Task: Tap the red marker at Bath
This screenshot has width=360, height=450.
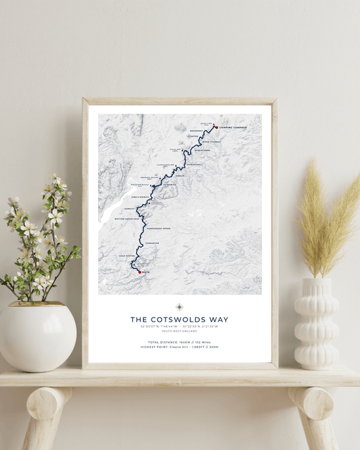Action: tap(139, 272)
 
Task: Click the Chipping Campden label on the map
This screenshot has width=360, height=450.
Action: tap(232, 127)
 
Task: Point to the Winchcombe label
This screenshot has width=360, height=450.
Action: tap(202, 151)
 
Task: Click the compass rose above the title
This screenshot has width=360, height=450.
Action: tap(180, 307)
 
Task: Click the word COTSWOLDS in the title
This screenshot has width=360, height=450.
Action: tap(180, 320)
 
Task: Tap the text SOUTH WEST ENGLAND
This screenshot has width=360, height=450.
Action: tap(180, 332)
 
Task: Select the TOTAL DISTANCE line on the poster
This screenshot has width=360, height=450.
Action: tap(180, 342)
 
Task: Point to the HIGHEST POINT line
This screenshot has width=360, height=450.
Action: tap(180, 347)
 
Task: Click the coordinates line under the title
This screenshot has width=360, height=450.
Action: tap(180, 326)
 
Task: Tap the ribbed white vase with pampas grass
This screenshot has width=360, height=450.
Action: tap(316, 324)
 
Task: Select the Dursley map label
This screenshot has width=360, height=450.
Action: tap(128, 209)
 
